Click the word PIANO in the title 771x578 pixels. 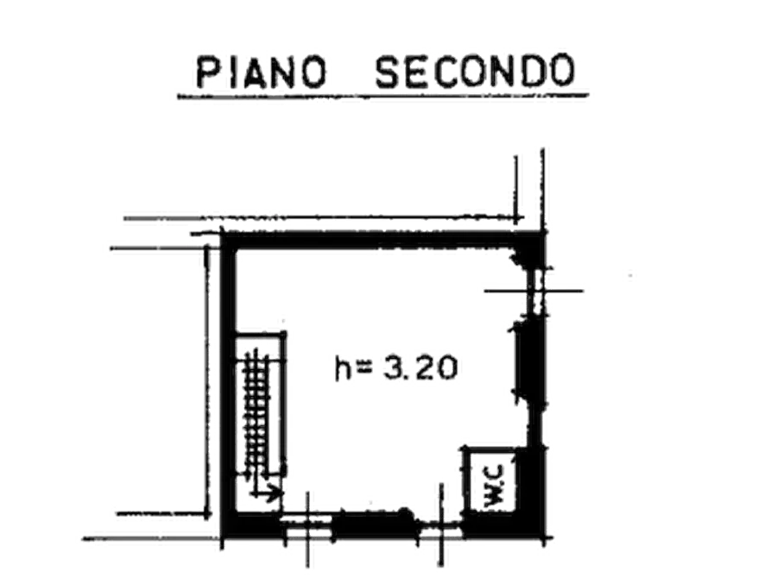click(x=257, y=72)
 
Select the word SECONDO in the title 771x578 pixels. click(x=474, y=72)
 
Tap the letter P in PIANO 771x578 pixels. click(x=205, y=72)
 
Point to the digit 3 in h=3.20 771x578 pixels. click(x=390, y=370)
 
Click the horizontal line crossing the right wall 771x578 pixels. click(x=535, y=291)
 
